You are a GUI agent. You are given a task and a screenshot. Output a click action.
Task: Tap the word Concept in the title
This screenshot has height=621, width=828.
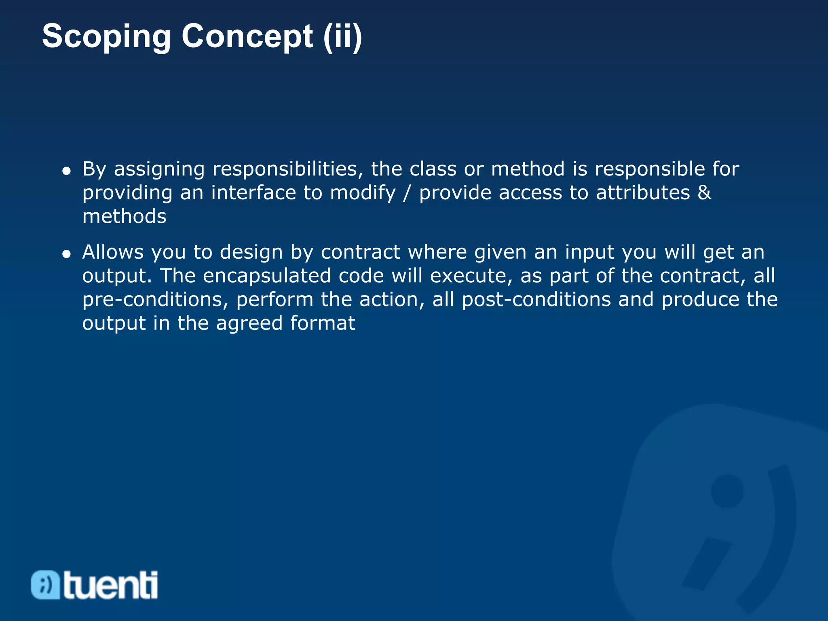247,36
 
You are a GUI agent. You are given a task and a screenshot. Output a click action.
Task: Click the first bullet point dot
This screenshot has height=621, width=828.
67,171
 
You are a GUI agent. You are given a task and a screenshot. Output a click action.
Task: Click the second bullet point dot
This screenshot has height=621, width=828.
67,254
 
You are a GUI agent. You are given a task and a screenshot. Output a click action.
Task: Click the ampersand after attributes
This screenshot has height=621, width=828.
704,192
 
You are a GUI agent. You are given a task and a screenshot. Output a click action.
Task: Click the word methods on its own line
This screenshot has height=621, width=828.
124,216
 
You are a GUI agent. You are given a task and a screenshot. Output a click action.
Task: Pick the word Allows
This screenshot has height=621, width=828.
113,252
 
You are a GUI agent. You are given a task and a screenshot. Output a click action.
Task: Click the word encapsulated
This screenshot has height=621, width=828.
267,276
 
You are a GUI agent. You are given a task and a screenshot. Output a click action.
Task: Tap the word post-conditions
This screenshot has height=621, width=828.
536,300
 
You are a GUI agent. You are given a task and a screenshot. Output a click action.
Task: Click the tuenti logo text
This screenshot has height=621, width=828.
110,585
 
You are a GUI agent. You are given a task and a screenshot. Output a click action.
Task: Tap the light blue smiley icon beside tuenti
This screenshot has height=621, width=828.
45,585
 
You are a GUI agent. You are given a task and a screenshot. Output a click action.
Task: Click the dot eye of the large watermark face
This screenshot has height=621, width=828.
727,491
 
